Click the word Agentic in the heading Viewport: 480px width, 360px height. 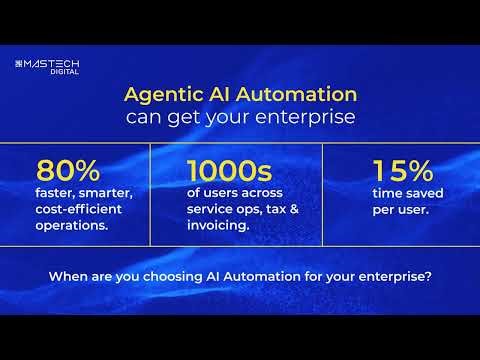(x=160, y=96)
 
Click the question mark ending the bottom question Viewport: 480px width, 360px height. (x=430, y=277)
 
